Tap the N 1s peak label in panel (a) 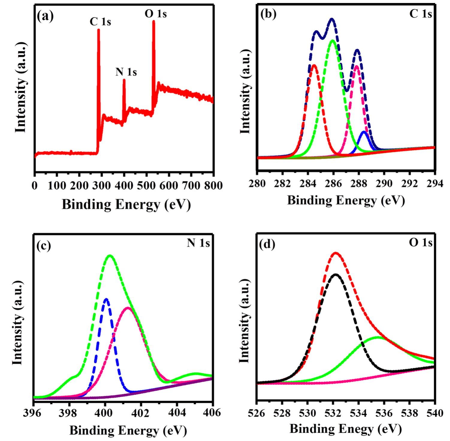(126, 72)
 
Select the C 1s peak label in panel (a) (100, 22)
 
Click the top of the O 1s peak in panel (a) (154, 21)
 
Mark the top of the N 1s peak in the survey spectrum (124, 80)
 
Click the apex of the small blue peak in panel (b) (364, 132)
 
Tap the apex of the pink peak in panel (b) (357, 66)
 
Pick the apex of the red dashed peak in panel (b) (314, 65)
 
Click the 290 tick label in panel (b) (384, 183)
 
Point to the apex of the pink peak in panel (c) (128, 308)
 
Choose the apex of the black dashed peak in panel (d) (336, 274)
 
